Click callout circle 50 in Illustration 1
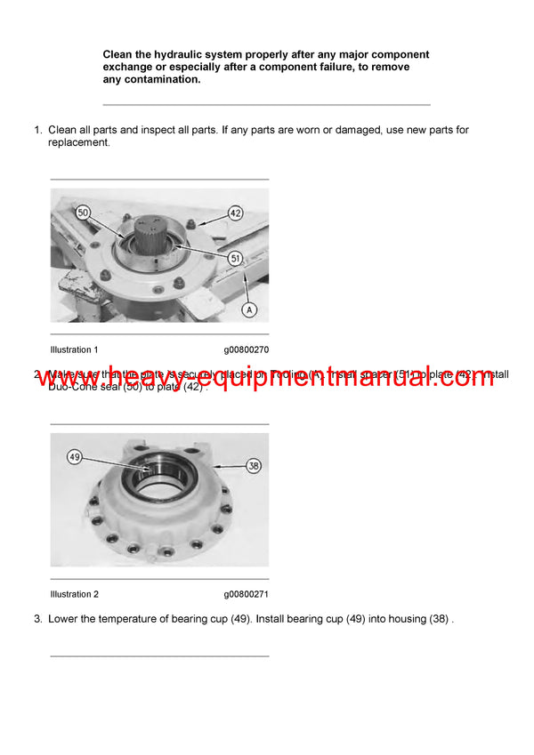tap(83, 214)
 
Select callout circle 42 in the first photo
tap(235, 213)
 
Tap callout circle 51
tap(235, 258)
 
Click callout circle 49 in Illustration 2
tap(76, 457)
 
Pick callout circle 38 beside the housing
tap(254, 463)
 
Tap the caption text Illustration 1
tap(75, 349)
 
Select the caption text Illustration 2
tap(75, 594)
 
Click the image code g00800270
tap(246, 349)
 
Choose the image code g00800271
tap(246, 594)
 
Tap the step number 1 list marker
tap(37, 130)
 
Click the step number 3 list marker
tap(37, 618)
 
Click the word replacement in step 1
tap(78, 142)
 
